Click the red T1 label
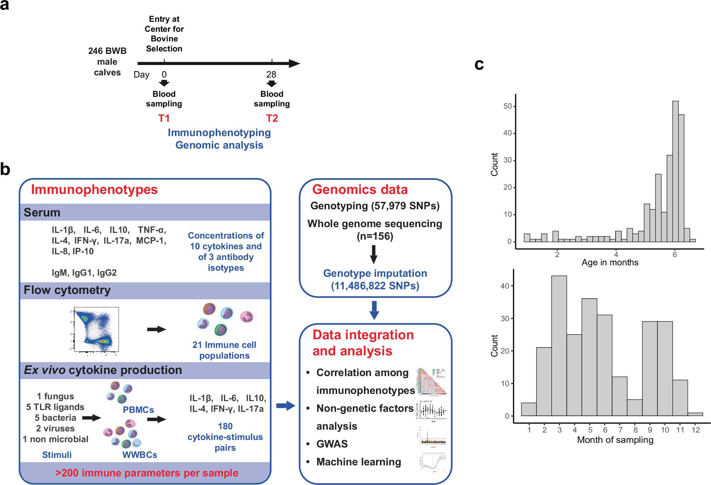pyautogui.click(x=164, y=118)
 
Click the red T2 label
pyautogui.click(x=272, y=118)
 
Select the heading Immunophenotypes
pyautogui.click(x=94, y=190)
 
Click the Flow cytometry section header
pyautogui.click(x=67, y=290)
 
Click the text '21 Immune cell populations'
pyautogui.click(x=224, y=350)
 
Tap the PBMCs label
pyautogui.click(x=138, y=410)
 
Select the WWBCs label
pyautogui.click(x=140, y=455)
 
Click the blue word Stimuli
pyautogui.click(x=57, y=455)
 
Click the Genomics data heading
pyautogui.click(x=360, y=190)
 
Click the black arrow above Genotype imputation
pyautogui.click(x=374, y=254)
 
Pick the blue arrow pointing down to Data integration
pyautogui.click(x=374, y=310)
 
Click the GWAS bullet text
pyautogui.click(x=332, y=444)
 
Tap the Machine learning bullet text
pyautogui.click(x=359, y=462)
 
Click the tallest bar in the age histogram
pyautogui.click(x=675, y=171)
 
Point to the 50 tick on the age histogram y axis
pyautogui.click(x=507, y=106)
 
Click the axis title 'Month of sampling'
pyautogui.click(x=615, y=440)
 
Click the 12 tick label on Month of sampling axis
pyautogui.click(x=696, y=430)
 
